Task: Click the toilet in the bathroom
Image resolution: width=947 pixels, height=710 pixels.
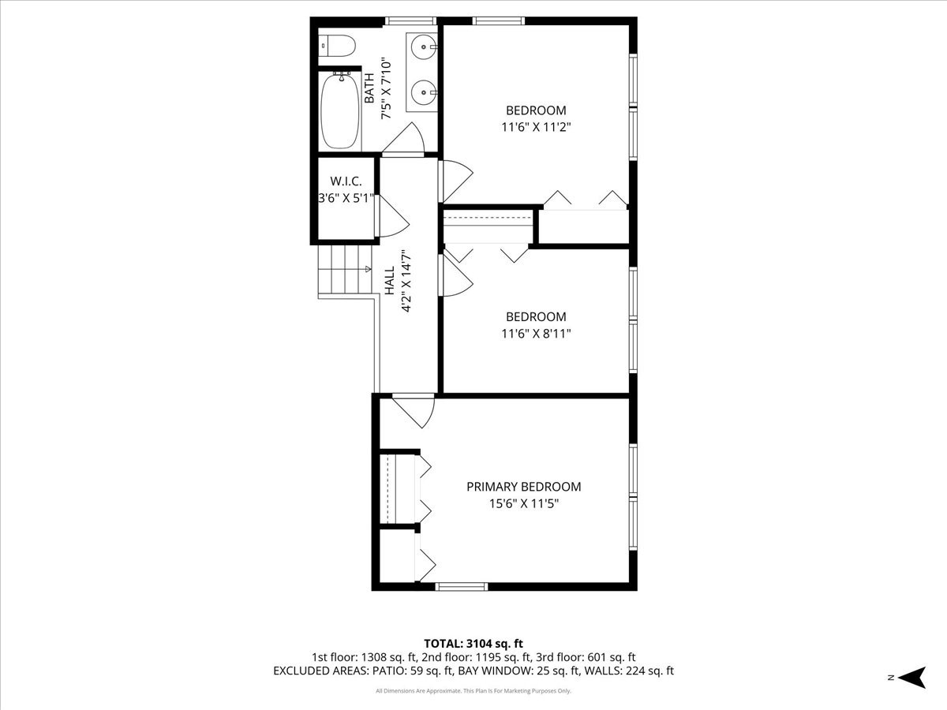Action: pyautogui.click(x=336, y=47)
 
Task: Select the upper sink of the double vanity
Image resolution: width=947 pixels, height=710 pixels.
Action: pyautogui.click(x=425, y=48)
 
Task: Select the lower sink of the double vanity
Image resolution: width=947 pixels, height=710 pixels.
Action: pyautogui.click(x=425, y=93)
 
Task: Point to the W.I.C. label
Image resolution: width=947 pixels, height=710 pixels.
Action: pyautogui.click(x=346, y=181)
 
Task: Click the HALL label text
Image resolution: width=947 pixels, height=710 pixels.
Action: pyautogui.click(x=390, y=281)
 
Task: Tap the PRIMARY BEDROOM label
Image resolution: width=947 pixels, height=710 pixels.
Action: pyautogui.click(x=523, y=487)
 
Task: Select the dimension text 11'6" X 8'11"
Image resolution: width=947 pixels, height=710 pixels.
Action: pyautogui.click(x=536, y=333)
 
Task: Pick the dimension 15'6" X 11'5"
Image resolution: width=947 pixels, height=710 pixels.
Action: pyautogui.click(x=523, y=503)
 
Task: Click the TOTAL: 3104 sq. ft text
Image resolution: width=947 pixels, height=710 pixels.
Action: pyautogui.click(x=473, y=644)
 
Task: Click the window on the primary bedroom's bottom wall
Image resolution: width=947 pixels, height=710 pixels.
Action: pyautogui.click(x=462, y=586)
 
